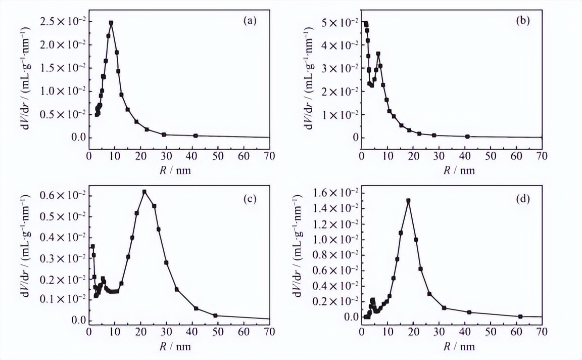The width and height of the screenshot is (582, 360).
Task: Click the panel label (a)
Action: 250,21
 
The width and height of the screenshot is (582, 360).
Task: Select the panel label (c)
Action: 250,199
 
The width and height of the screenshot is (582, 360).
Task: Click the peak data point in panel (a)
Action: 111,23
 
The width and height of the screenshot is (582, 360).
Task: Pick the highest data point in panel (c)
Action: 144,192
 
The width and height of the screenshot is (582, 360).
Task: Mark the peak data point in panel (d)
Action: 408,201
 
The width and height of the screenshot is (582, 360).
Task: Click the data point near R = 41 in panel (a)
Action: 196,136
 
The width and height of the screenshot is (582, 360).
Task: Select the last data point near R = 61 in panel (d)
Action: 520,317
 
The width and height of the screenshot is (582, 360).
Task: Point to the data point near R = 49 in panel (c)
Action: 215,316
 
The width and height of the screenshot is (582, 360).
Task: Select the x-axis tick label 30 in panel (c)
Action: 166,332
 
